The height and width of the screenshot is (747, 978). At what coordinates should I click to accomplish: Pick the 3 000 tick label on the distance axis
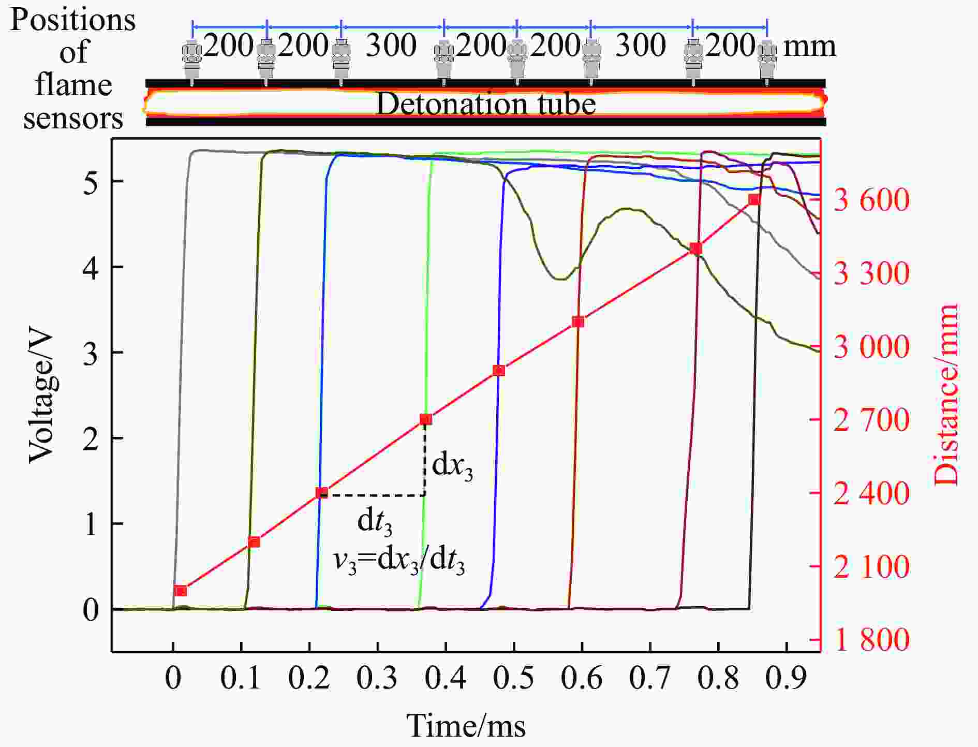pyautogui.click(x=871, y=347)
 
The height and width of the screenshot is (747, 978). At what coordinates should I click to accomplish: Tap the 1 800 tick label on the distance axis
pyautogui.click(x=871, y=640)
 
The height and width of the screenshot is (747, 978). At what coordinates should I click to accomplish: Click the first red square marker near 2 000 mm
pyautogui.click(x=181, y=591)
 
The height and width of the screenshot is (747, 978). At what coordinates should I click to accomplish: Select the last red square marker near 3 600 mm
pyautogui.click(x=754, y=200)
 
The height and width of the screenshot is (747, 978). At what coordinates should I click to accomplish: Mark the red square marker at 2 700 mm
pyautogui.click(x=426, y=419)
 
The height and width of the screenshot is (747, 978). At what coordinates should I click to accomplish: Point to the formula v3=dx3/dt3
pyautogui.click(x=398, y=561)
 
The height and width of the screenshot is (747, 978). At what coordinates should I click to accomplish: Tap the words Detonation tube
pyautogui.click(x=485, y=104)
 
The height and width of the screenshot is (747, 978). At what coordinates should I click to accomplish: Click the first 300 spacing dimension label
pyautogui.click(x=391, y=46)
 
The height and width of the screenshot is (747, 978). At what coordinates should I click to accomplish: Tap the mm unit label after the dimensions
pyautogui.click(x=810, y=46)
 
